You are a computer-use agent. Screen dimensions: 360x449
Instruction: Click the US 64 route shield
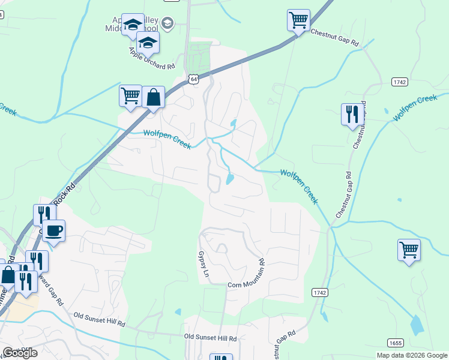[193, 79]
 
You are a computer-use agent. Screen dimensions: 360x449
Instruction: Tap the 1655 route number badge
[394, 343]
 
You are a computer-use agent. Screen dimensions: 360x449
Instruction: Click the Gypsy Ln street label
[203, 263]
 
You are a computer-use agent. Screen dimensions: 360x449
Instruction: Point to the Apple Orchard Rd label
[151, 57]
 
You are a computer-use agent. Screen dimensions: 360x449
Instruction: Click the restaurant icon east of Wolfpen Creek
[352, 113]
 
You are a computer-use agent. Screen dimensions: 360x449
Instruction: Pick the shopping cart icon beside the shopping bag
[130, 95]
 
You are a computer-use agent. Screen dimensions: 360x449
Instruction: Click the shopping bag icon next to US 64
[154, 97]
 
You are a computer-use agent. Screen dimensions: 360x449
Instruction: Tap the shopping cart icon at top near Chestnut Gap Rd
[298, 20]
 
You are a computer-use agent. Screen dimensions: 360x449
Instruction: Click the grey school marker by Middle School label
[167, 23]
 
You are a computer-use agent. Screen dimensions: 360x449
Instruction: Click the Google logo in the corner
[20, 353]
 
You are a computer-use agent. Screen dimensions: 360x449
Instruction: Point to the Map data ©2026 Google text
[412, 355]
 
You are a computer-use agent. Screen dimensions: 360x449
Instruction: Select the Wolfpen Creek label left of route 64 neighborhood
[166, 140]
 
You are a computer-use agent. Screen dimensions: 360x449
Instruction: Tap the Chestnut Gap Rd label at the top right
[334, 38]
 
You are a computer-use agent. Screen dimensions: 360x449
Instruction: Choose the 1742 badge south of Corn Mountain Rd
[320, 292]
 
